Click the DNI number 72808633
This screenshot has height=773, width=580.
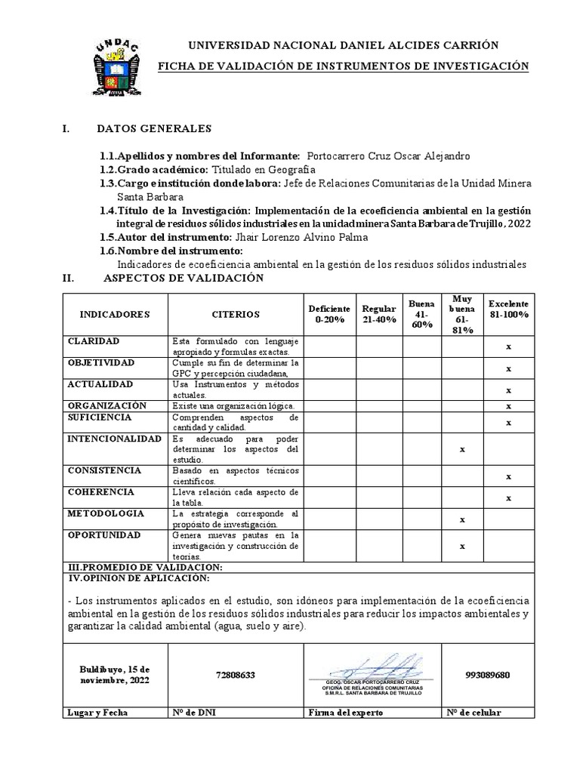click(x=236, y=674)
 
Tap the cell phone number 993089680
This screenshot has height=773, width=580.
click(x=489, y=674)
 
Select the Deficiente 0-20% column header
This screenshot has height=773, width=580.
click(x=329, y=314)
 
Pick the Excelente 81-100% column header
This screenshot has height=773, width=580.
click(x=508, y=309)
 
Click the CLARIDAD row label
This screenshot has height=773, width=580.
click(x=94, y=341)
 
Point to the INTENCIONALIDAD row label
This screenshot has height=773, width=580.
click(x=114, y=439)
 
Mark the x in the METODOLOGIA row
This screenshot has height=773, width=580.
click(x=461, y=520)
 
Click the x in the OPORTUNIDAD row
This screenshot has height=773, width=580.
click(x=461, y=546)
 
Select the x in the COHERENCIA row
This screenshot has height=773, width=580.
click(x=508, y=497)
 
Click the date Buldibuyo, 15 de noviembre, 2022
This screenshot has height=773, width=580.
click(x=115, y=674)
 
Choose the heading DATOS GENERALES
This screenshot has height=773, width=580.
click(x=155, y=128)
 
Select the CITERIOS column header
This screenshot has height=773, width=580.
click(x=235, y=314)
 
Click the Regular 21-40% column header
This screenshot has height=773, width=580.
click(x=379, y=314)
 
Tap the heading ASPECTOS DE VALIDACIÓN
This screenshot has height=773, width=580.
click(x=183, y=278)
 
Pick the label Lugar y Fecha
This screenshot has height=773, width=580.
click(x=98, y=712)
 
